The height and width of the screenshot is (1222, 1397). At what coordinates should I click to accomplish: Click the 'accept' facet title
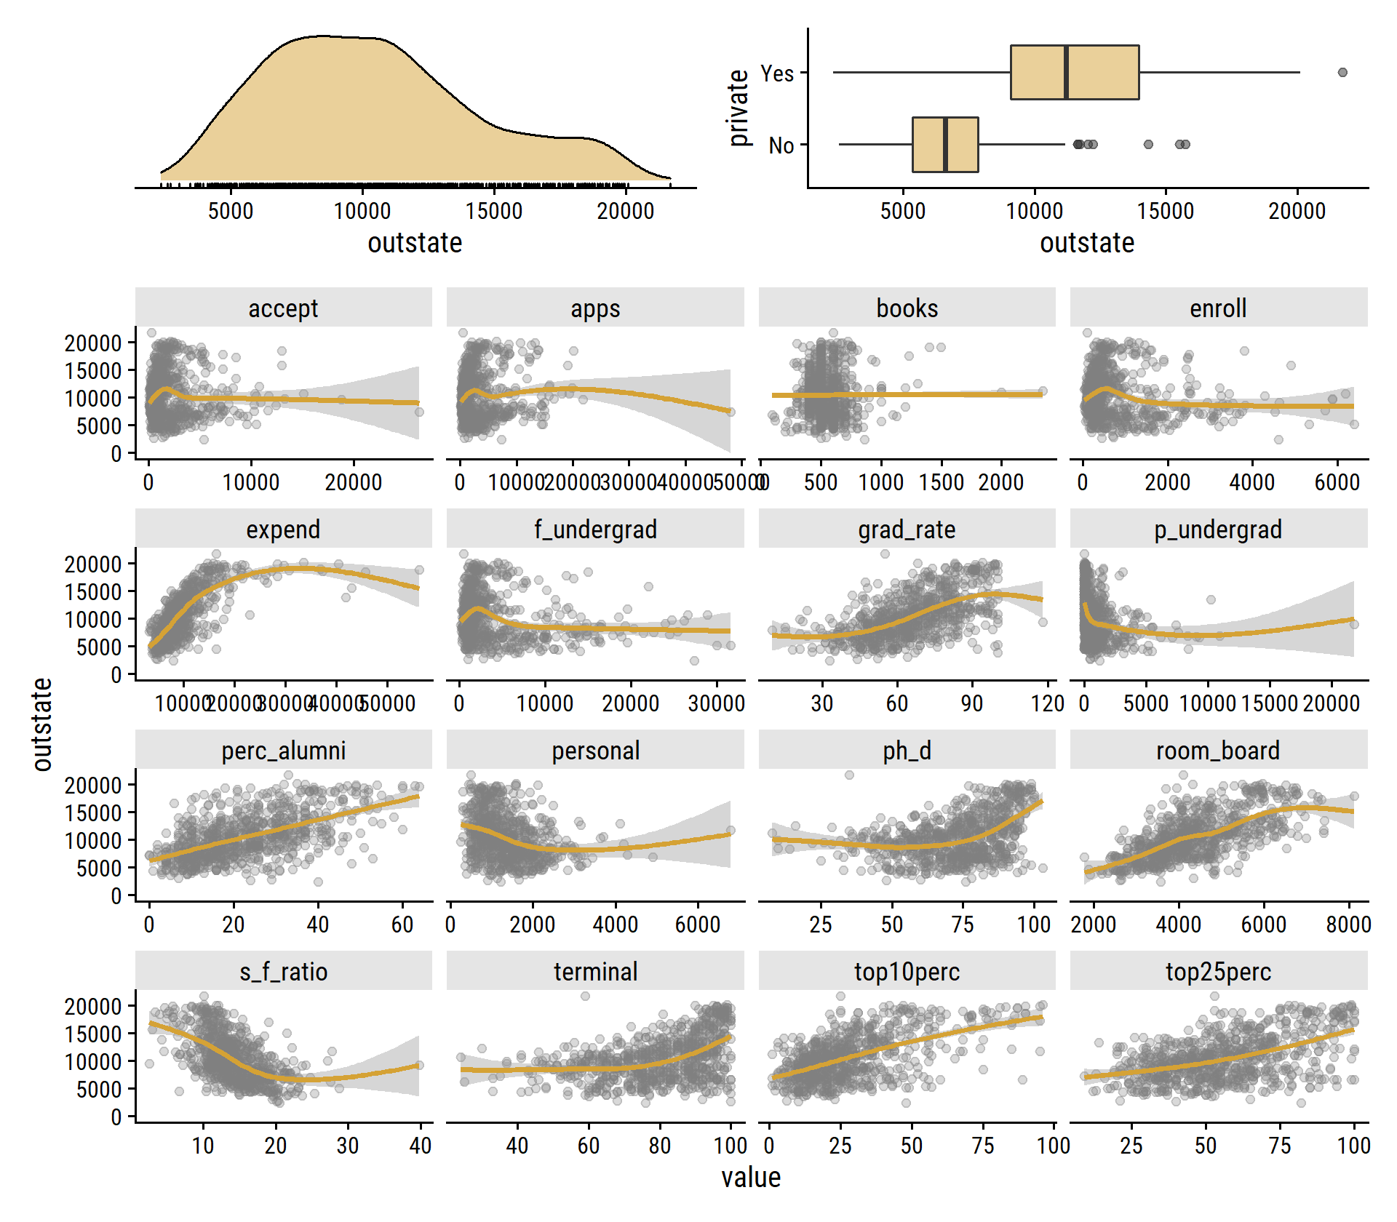(x=283, y=308)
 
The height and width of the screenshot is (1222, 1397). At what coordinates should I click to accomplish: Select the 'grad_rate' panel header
(x=907, y=530)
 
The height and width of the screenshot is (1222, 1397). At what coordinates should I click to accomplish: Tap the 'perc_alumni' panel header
(x=283, y=751)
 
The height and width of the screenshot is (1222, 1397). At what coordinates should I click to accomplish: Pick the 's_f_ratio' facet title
(x=283, y=972)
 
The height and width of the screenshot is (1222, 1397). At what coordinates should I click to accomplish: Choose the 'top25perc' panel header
(x=1218, y=972)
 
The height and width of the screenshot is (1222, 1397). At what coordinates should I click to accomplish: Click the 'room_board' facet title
(x=1218, y=751)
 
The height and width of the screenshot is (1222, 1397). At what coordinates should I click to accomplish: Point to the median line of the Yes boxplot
(x=1066, y=72)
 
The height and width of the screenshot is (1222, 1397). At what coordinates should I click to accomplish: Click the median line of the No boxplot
(x=945, y=144)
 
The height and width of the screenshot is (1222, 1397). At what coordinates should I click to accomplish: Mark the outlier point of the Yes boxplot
(x=1342, y=72)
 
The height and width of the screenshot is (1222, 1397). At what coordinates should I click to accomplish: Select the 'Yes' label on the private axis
(x=777, y=73)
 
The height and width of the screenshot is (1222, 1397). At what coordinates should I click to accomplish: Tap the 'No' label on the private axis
(x=781, y=145)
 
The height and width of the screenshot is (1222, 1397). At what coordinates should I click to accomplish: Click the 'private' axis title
(x=739, y=108)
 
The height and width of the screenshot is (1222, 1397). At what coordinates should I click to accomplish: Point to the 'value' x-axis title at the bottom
(x=751, y=1178)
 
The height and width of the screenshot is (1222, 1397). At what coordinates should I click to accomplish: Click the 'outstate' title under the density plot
(x=415, y=243)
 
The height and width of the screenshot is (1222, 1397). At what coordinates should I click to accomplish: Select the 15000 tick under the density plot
(x=494, y=211)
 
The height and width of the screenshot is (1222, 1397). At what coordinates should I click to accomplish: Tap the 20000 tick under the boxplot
(x=1297, y=211)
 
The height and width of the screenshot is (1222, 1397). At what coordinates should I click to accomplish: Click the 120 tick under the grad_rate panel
(x=1048, y=703)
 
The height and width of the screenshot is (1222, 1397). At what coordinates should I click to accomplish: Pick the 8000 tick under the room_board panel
(x=1348, y=925)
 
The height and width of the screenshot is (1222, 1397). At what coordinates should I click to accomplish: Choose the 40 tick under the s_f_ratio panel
(x=421, y=1146)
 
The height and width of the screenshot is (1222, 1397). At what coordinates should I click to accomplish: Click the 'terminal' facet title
(x=595, y=972)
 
